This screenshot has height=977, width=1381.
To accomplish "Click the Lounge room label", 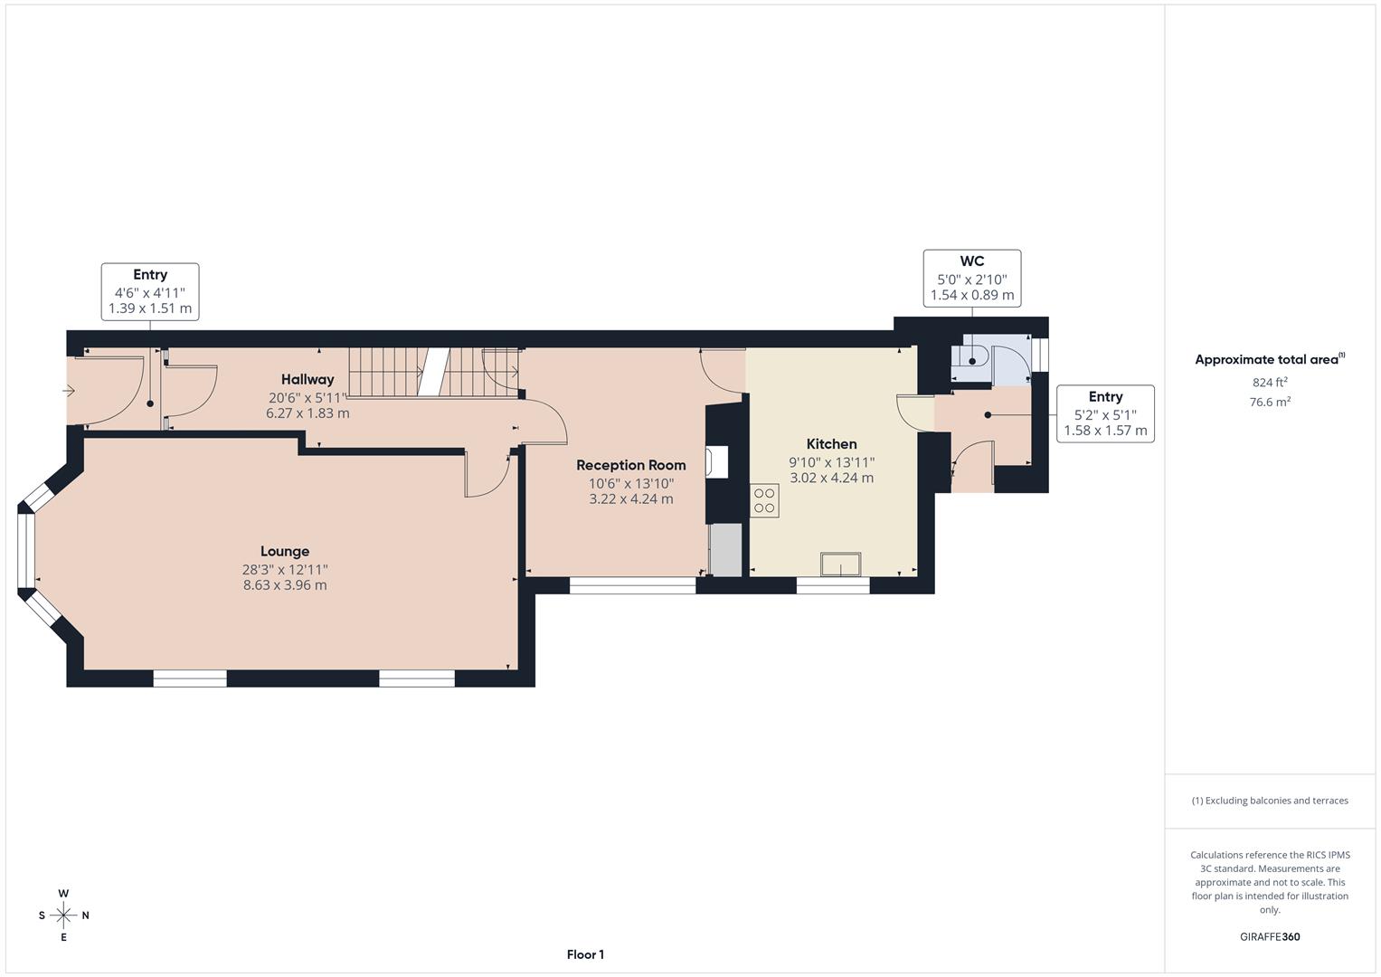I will (x=285, y=551).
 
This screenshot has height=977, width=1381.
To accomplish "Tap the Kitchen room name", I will (x=831, y=444).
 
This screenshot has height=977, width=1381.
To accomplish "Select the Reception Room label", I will (x=631, y=465).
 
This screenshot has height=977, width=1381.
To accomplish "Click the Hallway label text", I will (x=307, y=379).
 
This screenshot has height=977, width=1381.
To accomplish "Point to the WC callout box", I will (x=972, y=278).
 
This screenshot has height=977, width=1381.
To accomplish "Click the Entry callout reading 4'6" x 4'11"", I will (x=150, y=291).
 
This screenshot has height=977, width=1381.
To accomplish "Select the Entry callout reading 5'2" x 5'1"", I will (x=1105, y=413).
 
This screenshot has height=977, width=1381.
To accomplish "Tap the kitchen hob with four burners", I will (x=765, y=501).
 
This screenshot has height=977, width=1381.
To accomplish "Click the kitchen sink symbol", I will (x=840, y=564).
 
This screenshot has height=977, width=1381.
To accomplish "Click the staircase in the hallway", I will (x=433, y=372).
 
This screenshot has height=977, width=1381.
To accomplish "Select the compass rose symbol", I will (x=63, y=915).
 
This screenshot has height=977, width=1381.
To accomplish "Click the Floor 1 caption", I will (x=585, y=954).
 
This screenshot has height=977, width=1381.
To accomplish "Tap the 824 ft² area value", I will (x=1270, y=383).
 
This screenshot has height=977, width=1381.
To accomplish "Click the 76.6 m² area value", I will (x=1270, y=403).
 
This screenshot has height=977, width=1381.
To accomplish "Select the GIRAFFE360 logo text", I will (x=1270, y=936).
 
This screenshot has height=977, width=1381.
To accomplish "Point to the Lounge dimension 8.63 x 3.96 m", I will (x=285, y=585).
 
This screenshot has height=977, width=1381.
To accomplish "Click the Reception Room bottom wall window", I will (x=632, y=585).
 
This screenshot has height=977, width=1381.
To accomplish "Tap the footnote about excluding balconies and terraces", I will (x=1270, y=801).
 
